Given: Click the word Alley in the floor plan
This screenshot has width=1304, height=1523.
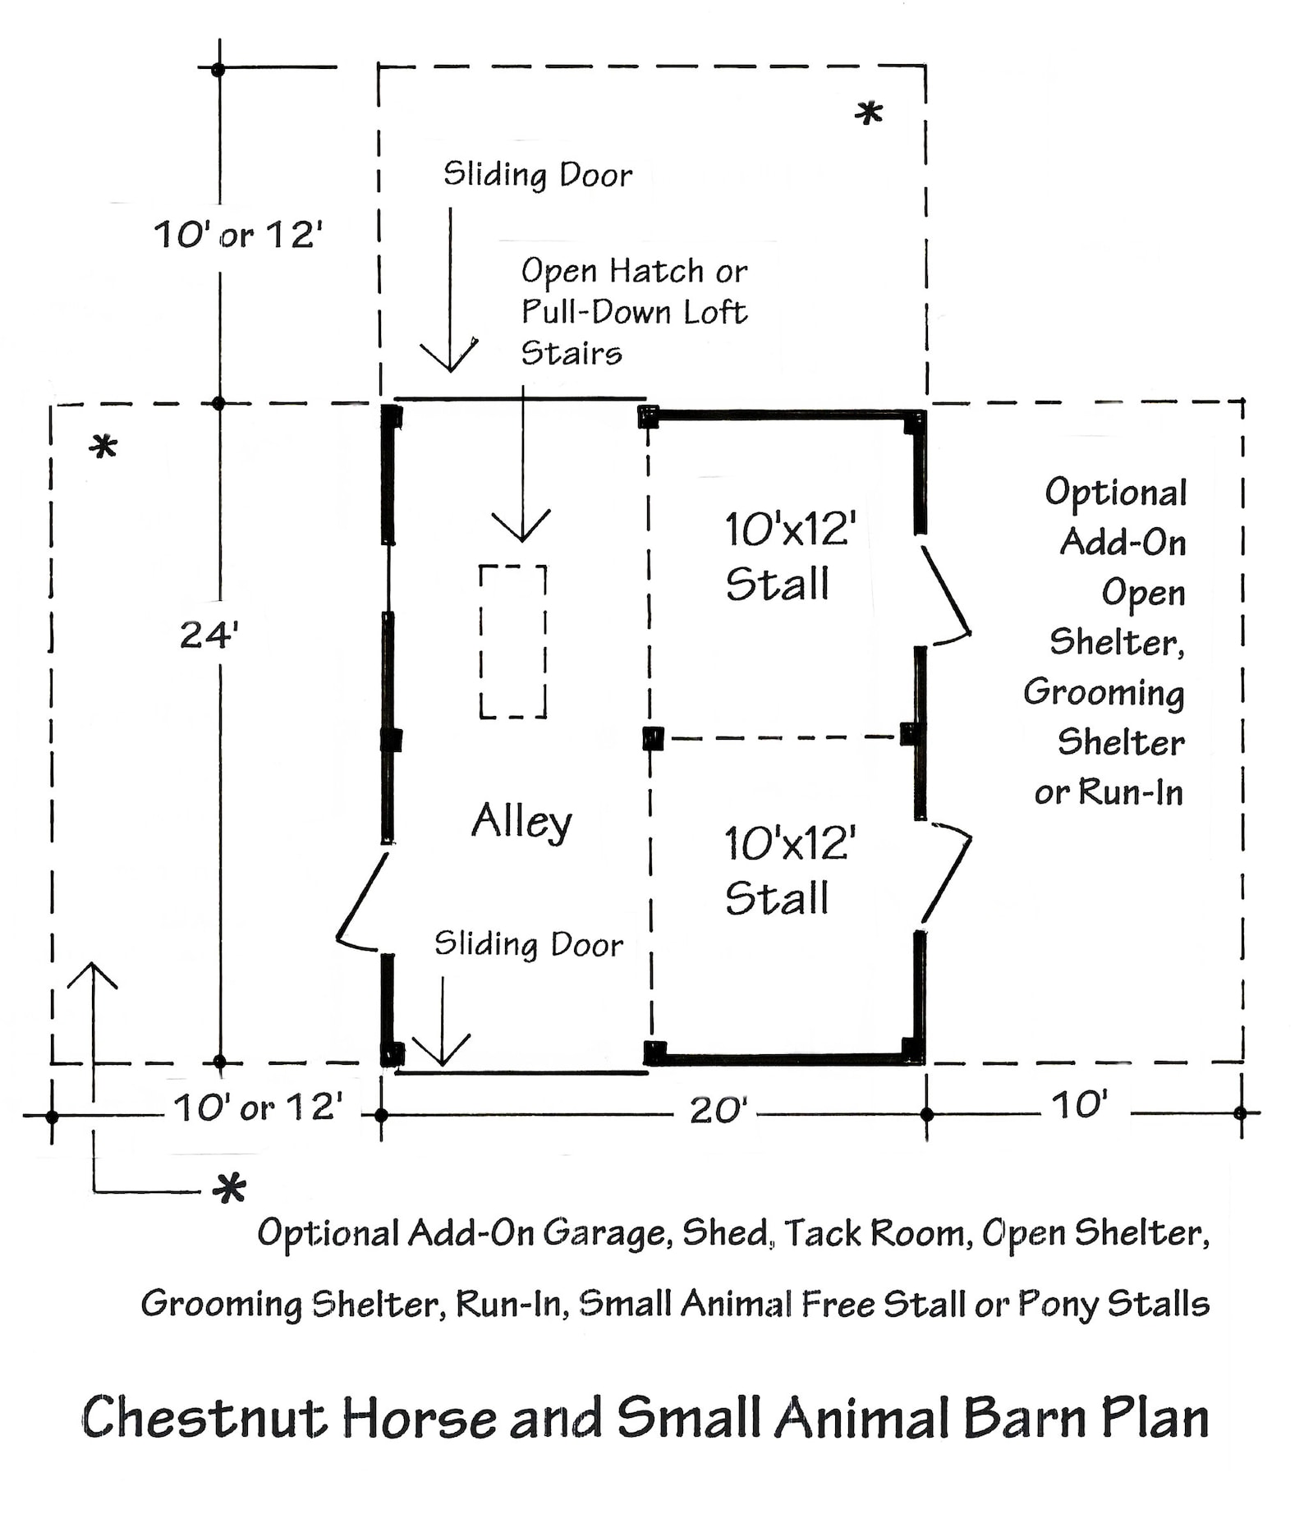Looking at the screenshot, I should [x=521, y=820].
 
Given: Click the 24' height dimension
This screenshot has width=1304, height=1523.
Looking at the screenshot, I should [x=209, y=635].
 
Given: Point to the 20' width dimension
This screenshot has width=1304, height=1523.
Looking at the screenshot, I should [x=718, y=1111].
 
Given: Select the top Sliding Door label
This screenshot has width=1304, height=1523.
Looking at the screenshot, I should [x=538, y=175].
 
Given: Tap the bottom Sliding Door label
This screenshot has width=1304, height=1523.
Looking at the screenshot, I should [x=528, y=944].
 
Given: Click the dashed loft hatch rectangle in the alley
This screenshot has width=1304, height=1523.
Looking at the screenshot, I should [x=513, y=641].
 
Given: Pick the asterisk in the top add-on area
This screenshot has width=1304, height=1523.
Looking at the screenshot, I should [x=868, y=114].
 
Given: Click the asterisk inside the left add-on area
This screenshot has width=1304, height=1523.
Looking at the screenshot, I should [x=103, y=448].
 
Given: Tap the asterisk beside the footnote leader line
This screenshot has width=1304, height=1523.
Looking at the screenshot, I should [x=228, y=1189].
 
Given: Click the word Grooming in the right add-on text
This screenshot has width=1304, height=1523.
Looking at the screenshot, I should [x=1104, y=692].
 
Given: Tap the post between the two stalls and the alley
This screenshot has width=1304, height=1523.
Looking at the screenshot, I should [x=653, y=738].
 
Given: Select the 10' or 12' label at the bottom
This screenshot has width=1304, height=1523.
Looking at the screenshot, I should [x=257, y=1108].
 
